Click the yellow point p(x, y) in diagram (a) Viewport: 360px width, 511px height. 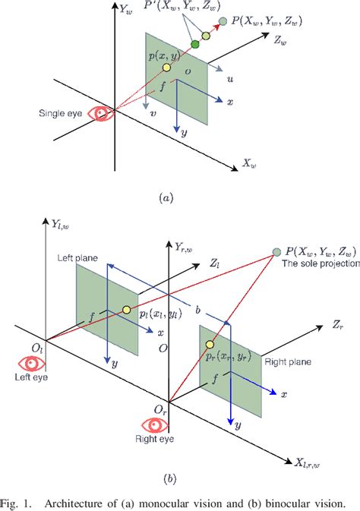167,68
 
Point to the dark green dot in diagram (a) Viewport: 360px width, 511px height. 195,46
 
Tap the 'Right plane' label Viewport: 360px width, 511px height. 285,363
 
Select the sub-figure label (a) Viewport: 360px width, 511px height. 166,198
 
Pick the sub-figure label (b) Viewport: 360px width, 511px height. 168,478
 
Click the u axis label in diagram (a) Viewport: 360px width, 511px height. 229,78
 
